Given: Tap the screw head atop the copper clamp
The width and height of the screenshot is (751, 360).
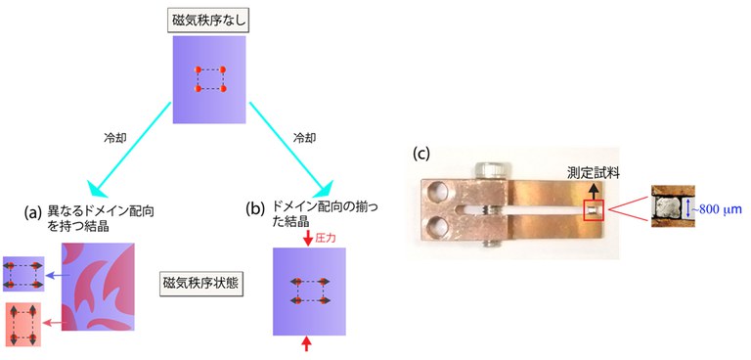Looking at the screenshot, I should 489,172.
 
